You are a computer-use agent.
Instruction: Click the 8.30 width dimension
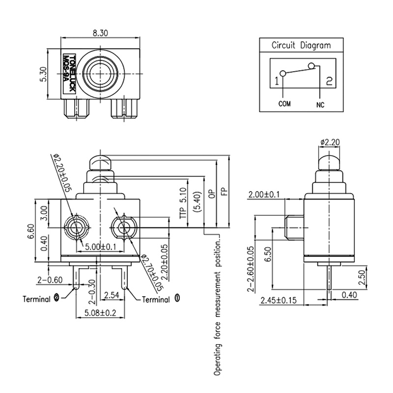pyautogui.click(x=100, y=33)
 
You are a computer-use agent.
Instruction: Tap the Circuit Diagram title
pyautogui.click(x=301, y=46)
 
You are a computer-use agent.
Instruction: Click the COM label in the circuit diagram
pyautogui.click(x=285, y=104)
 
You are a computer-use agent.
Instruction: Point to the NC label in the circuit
pyautogui.click(x=320, y=104)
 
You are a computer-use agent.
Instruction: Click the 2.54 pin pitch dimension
pyautogui.click(x=112, y=295)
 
